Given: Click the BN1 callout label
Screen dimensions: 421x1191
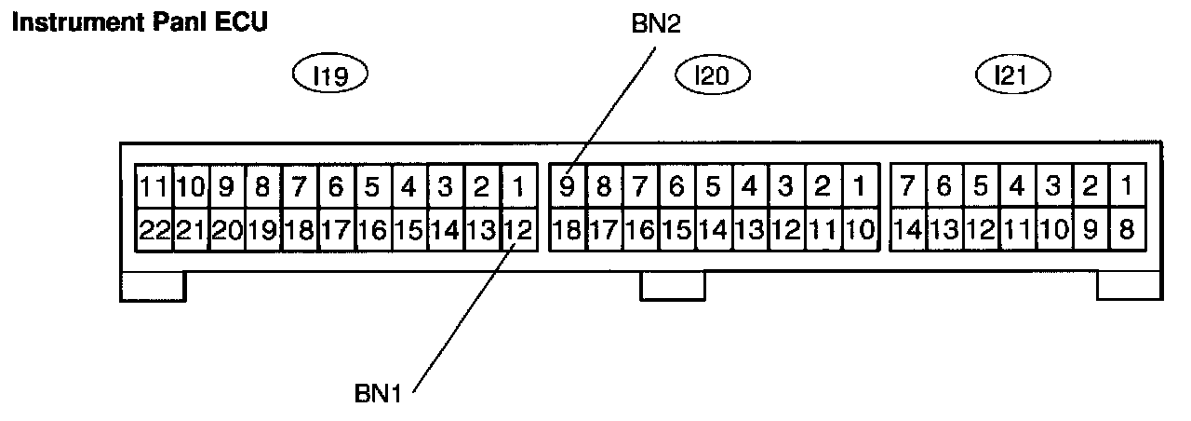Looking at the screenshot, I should (x=377, y=393).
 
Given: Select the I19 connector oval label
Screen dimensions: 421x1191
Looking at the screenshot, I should (x=331, y=75).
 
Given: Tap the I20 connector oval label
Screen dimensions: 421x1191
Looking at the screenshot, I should (x=712, y=75).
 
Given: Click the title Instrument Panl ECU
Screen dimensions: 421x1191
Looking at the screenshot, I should (x=139, y=21).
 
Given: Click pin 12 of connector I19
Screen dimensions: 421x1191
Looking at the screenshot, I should (x=518, y=229).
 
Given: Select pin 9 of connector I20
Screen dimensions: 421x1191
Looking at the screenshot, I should (x=567, y=188).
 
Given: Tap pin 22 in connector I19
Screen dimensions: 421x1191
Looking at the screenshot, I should (x=154, y=229).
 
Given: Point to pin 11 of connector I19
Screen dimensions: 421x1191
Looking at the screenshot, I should (x=154, y=188).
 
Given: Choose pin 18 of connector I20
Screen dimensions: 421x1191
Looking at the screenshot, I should (x=567, y=229).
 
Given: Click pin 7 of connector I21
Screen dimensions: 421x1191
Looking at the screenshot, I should (x=907, y=188).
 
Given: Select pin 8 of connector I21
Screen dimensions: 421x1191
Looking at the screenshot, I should (x=1126, y=229).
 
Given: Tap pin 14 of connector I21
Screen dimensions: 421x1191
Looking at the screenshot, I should (x=907, y=229).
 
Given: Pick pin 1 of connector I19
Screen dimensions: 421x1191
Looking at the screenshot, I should (x=518, y=188).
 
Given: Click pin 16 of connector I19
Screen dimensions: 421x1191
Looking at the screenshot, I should (x=372, y=229).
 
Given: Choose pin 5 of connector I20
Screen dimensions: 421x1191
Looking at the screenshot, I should (x=713, y=188).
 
